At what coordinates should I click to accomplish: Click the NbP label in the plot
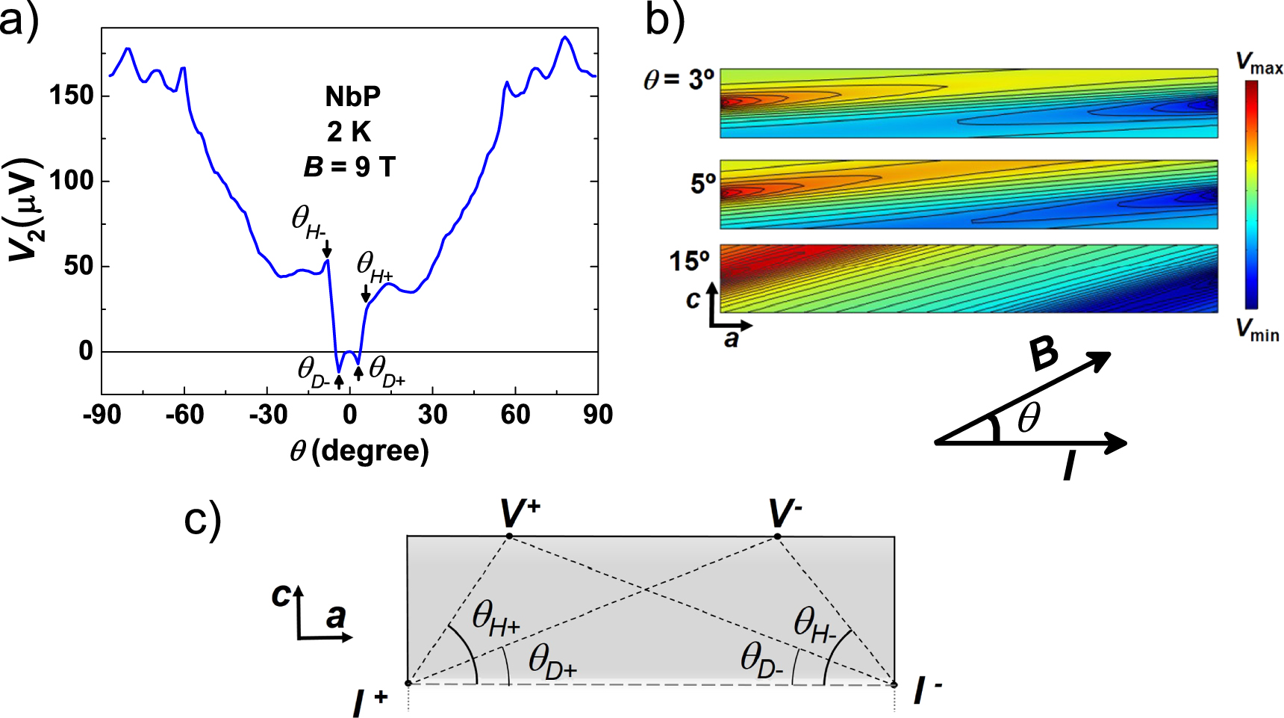pos(352,96)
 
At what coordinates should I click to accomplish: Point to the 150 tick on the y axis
pos(72,96)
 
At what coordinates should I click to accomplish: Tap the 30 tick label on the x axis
pos(432,415)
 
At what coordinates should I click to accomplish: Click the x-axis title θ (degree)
pos(359,451)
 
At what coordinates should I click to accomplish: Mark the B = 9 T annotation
pos(349,167)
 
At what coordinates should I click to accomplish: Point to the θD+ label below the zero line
pos(386,371)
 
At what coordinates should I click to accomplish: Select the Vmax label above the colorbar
pos(1258,63)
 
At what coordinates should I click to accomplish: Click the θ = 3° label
pos(679,79)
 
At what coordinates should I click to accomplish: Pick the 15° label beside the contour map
pos(688,261)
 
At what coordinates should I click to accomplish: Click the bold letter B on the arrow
pos(1043,353)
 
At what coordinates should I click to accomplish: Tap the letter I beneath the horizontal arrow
pos(1069,466)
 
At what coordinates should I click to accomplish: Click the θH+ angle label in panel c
pos(495,620)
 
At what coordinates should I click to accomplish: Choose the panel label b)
pos(664,20)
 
